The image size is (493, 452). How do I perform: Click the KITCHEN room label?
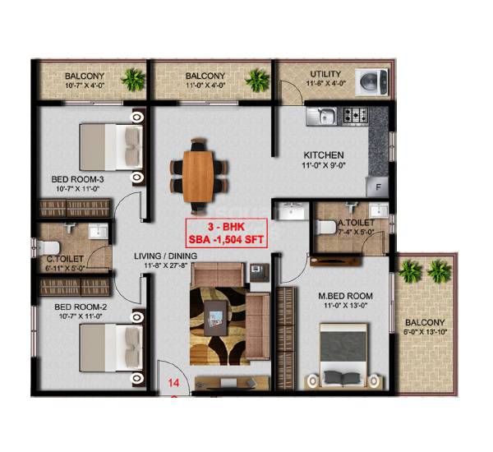[323, 155]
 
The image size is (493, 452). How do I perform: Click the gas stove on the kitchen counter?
[358, 116]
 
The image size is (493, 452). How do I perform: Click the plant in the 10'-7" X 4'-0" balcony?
[131, 80]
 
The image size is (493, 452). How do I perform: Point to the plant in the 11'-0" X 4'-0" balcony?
[257, 80]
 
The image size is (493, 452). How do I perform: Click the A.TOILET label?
[357, 222]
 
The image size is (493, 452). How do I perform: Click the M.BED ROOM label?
[345, 295]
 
